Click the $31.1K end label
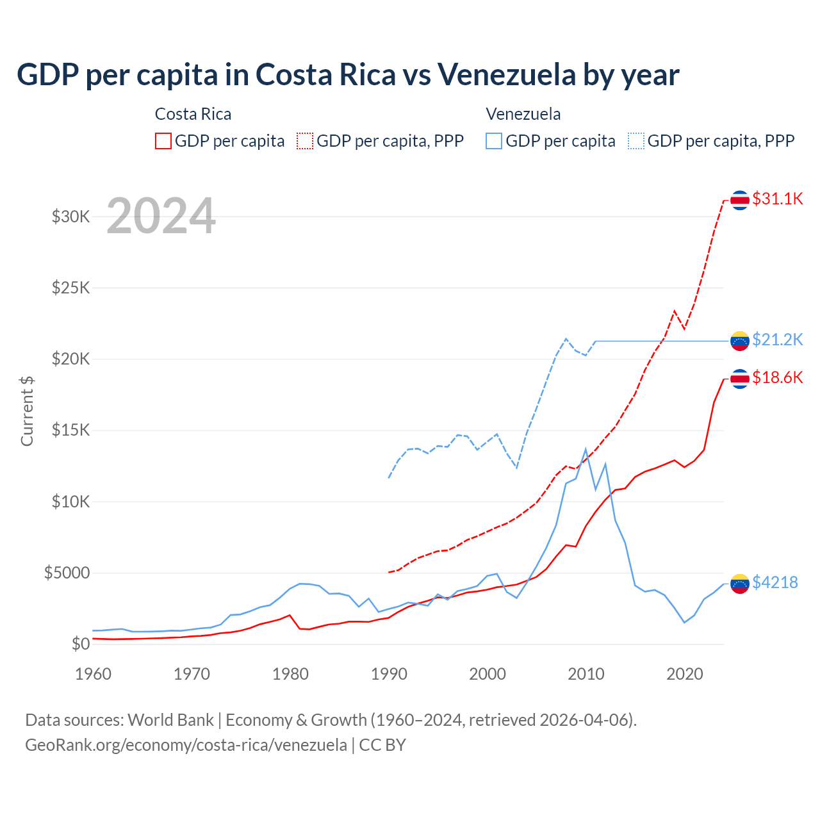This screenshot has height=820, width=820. tap(777, 199)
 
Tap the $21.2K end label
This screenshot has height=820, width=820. tap(777, 340)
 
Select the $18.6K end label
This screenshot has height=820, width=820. tap(777, 377)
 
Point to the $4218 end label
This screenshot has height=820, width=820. tap(775, 582)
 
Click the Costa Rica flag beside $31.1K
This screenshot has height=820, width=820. tap(740, 200)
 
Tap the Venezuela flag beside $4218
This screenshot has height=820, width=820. tap(740, 584)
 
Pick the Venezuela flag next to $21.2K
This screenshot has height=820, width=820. tap(740, 340)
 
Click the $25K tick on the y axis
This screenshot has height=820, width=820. tap(71, 288)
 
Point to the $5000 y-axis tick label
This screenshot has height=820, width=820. tap(67, 573)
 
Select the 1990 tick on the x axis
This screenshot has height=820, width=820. tap(389, 674)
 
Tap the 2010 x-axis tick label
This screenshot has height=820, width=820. tap(586, 674)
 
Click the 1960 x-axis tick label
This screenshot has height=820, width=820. tap(94, 674)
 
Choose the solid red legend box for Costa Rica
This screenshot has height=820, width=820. tap(163, 141)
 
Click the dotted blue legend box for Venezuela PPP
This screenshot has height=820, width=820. tap(636, 141)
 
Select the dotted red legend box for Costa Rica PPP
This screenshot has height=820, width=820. tap(305, 141)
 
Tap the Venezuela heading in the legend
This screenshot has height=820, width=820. tap(523, 114)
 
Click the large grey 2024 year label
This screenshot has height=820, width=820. tap(161, 216)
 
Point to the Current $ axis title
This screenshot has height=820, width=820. tap(27, 411)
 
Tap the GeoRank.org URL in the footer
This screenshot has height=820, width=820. tap(186, 745)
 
